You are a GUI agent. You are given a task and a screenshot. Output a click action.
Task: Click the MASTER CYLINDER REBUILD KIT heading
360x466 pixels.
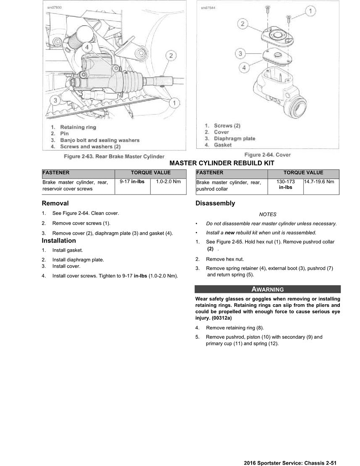tap(224, 163)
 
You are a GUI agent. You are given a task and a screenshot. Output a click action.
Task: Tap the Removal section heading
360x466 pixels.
tap(55, 203)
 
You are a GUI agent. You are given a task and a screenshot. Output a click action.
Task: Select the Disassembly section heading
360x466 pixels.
tap(215, 203)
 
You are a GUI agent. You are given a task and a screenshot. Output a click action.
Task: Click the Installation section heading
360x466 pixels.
tap(59, 241)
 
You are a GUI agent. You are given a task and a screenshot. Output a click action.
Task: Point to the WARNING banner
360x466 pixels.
tap(268, 289)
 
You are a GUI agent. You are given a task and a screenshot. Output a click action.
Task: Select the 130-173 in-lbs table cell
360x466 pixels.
tap(286, 184)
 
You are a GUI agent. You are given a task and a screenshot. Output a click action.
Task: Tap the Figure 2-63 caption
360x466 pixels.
tap(114, 156)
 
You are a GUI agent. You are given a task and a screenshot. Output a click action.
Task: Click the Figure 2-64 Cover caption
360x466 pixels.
tap(267, 155)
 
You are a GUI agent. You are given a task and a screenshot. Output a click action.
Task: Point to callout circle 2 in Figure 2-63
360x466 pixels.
tap(171, 55)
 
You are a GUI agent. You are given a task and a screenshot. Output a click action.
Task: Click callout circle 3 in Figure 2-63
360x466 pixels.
tap(55, 100)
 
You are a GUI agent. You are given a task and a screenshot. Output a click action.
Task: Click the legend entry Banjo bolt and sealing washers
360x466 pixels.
tap(100, 140)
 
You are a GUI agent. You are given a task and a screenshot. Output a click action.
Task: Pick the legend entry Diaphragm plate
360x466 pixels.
tap(234, 138)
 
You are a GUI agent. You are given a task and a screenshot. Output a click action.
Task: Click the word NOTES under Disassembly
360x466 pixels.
tap(268, 214)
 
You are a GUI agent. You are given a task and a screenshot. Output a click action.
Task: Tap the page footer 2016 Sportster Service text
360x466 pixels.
tap(290, 463)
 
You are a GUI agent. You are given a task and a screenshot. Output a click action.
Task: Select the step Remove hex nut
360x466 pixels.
tap(225, 259)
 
